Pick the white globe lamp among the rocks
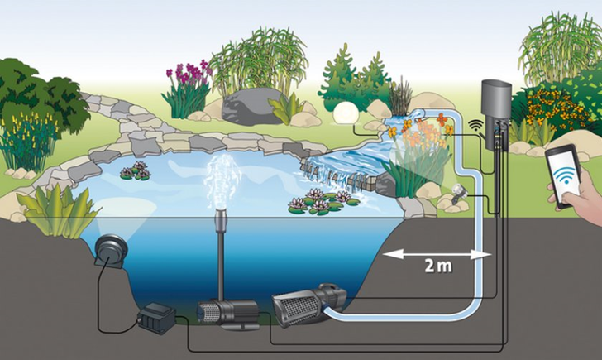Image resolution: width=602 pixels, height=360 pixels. [x=345, y=113]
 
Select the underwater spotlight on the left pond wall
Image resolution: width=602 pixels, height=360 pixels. [x=110, y=248]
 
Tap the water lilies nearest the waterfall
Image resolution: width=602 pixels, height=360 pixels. [x=321, y=200]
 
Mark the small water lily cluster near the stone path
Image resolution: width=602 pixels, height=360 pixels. [x=135, y=171]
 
